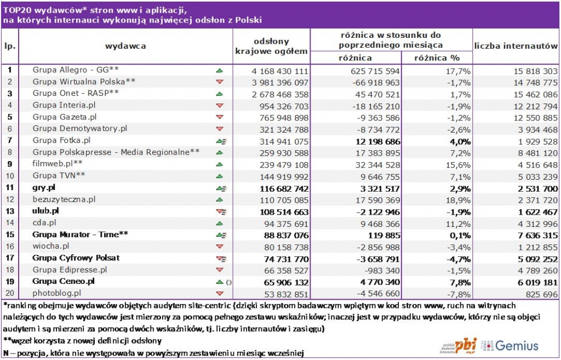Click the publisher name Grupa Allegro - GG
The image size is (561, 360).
(76, 70)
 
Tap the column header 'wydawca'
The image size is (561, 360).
(125, 46)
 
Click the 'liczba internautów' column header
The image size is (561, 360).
(516, 46)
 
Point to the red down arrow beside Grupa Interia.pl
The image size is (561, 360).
(220, 105)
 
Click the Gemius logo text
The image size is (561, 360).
(516, 345)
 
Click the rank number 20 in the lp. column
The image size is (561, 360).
(10, 294)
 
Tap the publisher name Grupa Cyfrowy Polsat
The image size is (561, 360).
(76, 258)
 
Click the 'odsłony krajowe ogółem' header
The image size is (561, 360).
(271, 46)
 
